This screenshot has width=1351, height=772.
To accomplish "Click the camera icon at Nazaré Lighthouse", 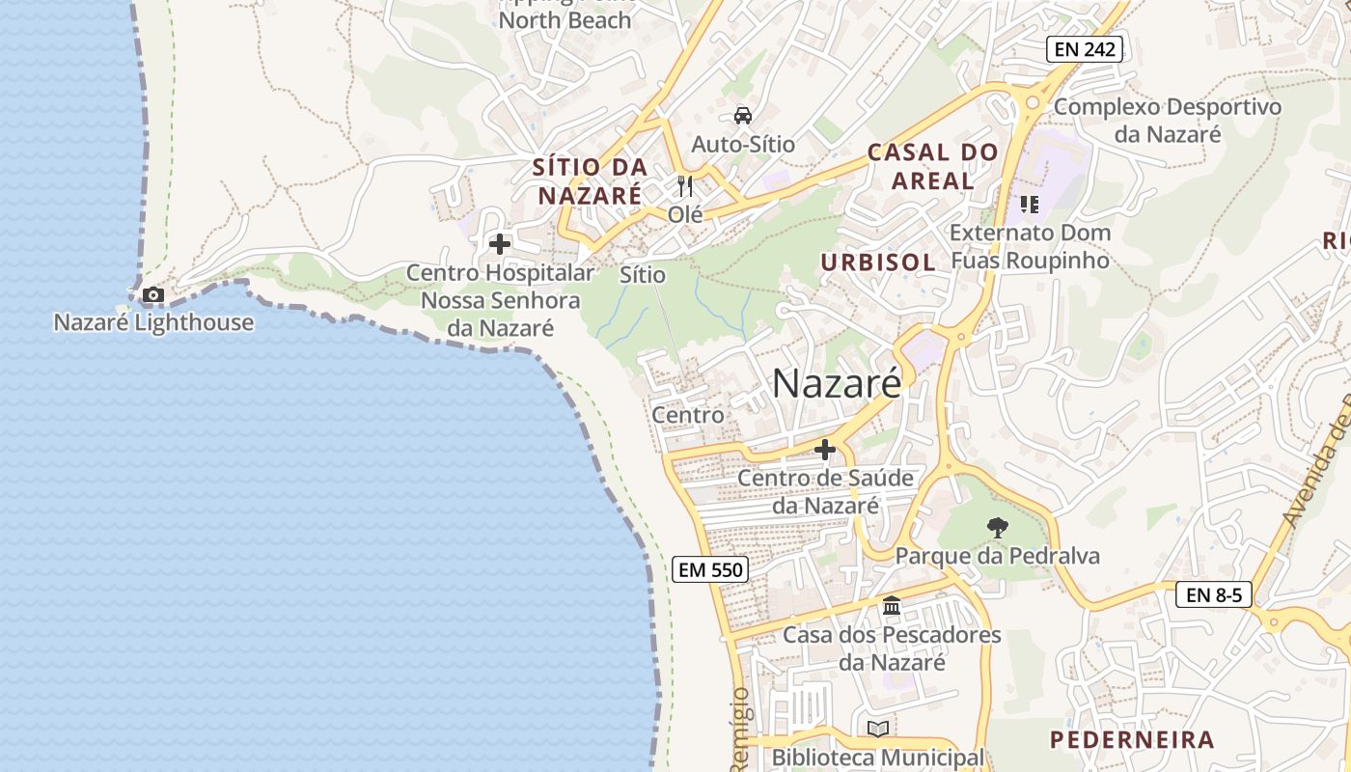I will click(x=152, y=295).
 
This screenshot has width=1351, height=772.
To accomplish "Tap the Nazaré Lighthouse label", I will click(x=153, y=322).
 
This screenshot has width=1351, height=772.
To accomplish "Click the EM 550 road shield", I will click(x=711, y=569).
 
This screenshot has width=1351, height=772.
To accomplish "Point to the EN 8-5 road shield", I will click(x=1214, y=594).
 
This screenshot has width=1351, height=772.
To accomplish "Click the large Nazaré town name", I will click(x=837, y=384).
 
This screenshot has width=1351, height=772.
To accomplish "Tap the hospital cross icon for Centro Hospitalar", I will click(x=500, y=244).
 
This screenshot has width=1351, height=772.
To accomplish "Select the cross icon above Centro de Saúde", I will click(x=825, y=450).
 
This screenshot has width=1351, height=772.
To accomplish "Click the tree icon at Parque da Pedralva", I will click(x=998, y=528).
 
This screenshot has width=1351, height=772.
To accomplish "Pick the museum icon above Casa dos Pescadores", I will click(x=892, y=606).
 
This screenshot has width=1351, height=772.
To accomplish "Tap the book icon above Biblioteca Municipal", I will click(x=877, y=729).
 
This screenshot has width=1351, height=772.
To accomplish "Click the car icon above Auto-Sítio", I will click(x=742, y=116).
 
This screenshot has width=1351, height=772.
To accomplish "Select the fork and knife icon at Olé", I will click(x=685, y=185).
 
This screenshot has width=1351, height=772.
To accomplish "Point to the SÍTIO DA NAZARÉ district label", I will click(x=590, y=181).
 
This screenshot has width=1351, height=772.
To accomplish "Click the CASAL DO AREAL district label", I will click(x=932, y=166).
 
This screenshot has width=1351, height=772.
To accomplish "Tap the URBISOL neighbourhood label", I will click(x=877, y=262).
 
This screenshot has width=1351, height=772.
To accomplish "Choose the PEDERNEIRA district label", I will click(x=1132, y=740).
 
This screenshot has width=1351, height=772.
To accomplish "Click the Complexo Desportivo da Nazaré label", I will click(x=1168, y=120).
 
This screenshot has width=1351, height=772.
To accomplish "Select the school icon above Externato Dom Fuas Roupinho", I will click(x=1030, y=204).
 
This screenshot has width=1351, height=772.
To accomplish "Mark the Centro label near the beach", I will click(x=688, y=415).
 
